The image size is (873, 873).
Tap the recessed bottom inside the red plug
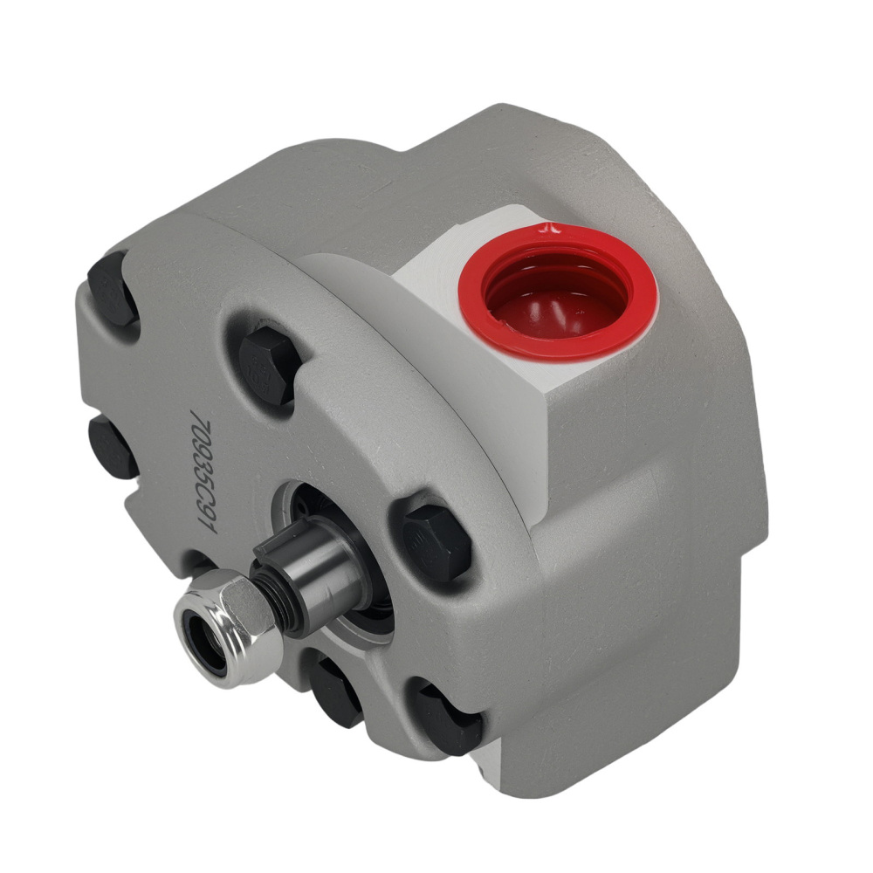coord(559,306)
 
